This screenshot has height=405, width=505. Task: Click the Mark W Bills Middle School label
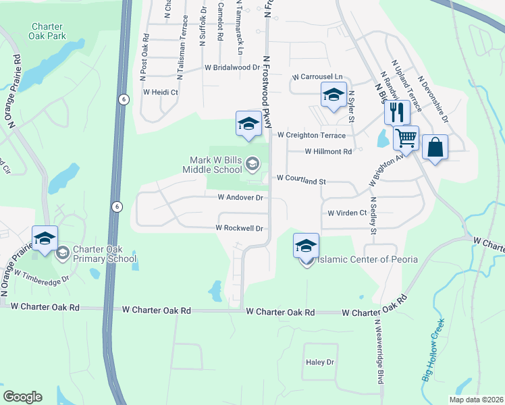click(x=216, y=165)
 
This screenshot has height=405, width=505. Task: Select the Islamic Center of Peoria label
click(x=367, y=259)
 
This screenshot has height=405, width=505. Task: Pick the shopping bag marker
click(x=435, y=148)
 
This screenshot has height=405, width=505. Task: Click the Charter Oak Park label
click(x=47, y=32)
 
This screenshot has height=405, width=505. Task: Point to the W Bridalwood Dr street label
click(x=232, y=67)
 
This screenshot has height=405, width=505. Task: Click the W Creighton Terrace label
click(x=312, y=135)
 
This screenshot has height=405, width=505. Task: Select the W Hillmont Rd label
click(x=328, y=152)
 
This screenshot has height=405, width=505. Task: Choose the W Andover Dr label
click(x=240, y=198)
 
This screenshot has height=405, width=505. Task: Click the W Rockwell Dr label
click(x=239, y=228)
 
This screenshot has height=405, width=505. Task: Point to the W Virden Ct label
click(x=347, y=213)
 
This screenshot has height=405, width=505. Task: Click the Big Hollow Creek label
click(x=434, y=350)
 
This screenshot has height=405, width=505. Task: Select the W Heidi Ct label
click(x=159, y=92)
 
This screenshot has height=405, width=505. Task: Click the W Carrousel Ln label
click(x=317, y=78)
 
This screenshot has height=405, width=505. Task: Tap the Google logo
click(x=22, y=396)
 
